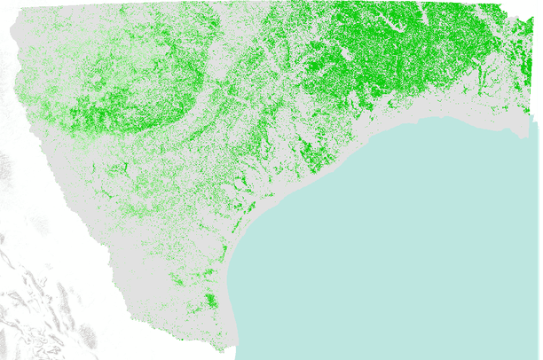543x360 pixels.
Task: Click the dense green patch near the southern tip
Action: pyautogui.click(x=209, y=301)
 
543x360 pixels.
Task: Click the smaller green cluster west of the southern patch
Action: pyautogui.click(x=177, y=281)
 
